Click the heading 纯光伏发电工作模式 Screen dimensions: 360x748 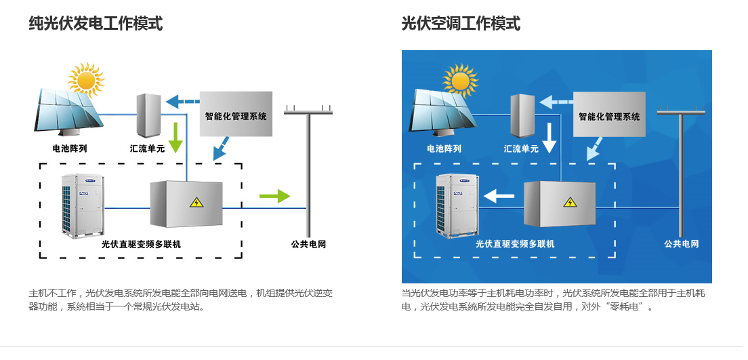96,24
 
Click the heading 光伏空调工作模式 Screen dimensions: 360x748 461,24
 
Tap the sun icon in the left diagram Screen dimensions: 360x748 86,79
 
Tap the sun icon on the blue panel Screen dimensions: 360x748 460,80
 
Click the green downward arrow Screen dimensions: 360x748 176,137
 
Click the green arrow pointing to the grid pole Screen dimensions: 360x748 274,197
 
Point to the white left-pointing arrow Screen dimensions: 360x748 499,197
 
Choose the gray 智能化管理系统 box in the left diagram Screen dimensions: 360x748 236,115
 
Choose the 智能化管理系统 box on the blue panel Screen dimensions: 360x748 609,115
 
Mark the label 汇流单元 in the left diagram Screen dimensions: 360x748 147,148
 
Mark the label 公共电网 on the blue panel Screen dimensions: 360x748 681,244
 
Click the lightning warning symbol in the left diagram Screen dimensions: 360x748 196,202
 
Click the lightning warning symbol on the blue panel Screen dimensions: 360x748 570,202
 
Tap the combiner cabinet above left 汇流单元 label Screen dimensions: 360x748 148,115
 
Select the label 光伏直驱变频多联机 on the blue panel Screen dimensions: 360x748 515,244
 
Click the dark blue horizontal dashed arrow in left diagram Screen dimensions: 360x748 182,102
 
